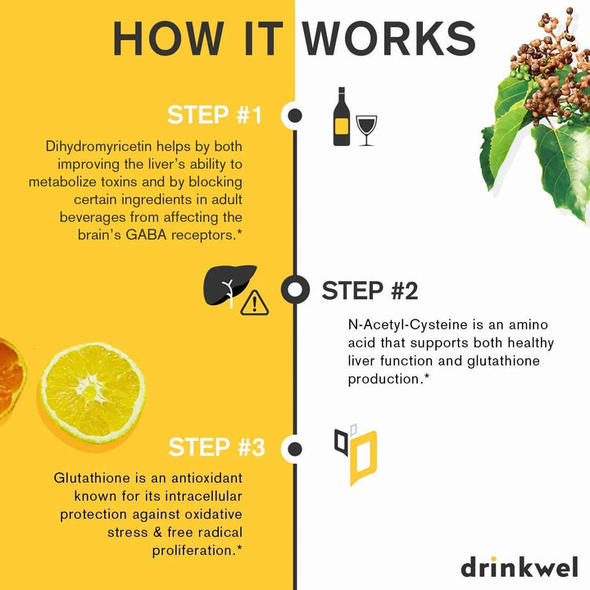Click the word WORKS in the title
[x=389, y=39]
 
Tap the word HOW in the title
[x=168, y=39]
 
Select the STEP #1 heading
[x=215, y=115]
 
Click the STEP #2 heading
[x=370, y=290]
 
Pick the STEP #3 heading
[x=216, y=447]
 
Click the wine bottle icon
[x=341, y=116]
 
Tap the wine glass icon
[x=366, y=130]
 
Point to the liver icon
[x=229, y=285]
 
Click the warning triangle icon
[x=254, y=303]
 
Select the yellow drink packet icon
[x=362, y=457]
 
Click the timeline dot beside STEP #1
[x=295, y=116]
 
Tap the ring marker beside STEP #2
[x=295, y=290]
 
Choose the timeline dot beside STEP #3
[x=295, y=448]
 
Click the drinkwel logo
[x=520, y=567]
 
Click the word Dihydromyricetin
[x=98, y=147]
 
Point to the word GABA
[x=146, y=235]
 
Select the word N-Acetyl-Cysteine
[x=408, y=324]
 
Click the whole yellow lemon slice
[x=93, y=392]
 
